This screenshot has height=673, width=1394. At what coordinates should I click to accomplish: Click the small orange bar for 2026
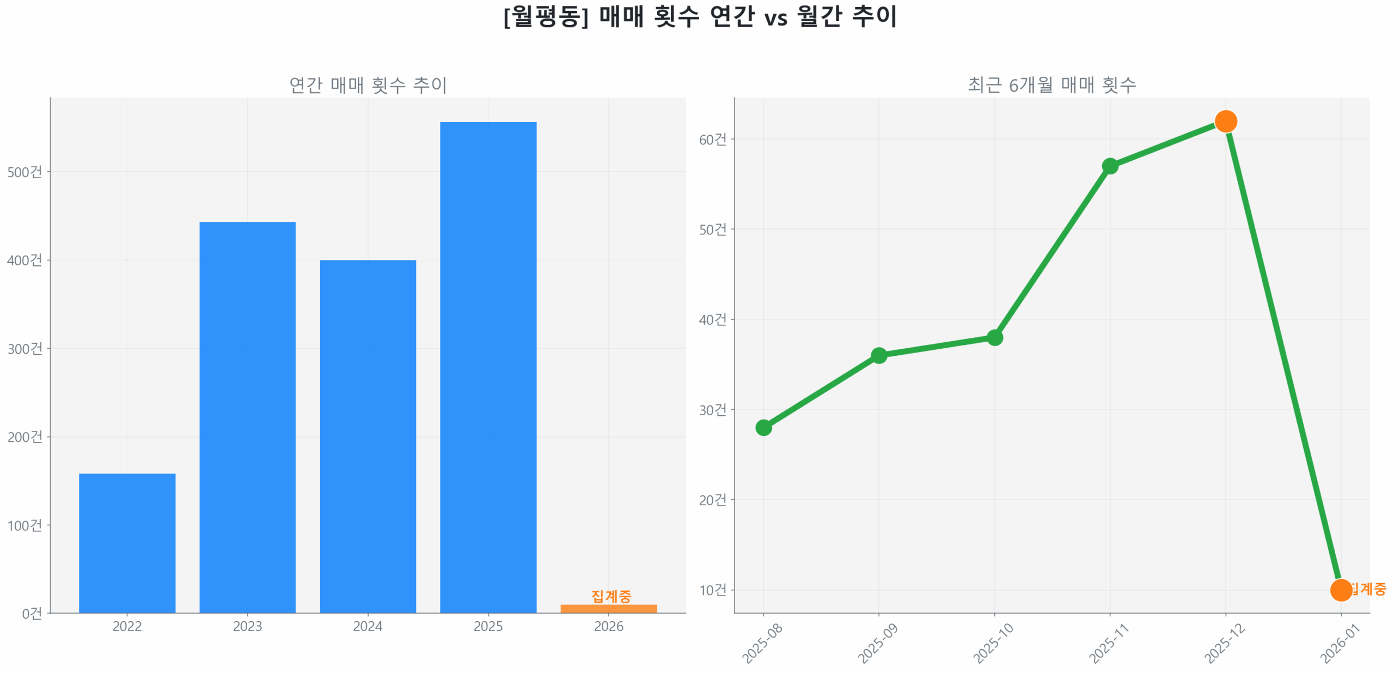tap(608, 608)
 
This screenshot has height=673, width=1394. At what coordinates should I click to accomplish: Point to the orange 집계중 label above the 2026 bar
tap(611, 596)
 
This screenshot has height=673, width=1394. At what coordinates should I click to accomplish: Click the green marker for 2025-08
tap(763, 427)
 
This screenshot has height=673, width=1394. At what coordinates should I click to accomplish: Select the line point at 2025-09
tap(878, 355)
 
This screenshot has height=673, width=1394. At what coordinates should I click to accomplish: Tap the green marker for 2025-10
tap(994, 337)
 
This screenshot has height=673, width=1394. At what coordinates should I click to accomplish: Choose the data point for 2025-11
tap(1110, 166)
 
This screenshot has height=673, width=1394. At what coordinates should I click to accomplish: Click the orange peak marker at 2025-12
tap(1225, 121)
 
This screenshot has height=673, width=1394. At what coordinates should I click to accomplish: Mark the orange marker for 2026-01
tap(1340, 590)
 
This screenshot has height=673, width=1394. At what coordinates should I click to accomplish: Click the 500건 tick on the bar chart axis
tap(25, 172)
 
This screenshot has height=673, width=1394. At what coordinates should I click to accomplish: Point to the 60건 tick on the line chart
tap(712, 139)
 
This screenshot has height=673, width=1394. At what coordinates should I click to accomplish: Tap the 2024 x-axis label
tap(368, 626)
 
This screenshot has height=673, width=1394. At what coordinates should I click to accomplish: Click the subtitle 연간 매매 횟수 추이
tap(368, 85)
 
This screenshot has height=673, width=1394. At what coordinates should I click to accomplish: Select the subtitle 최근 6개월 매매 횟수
tap(1051, 85)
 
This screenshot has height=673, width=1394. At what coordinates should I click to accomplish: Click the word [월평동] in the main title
tap(545, 16)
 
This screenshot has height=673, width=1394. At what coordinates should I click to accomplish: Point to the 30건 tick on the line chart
tap(712, 409)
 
